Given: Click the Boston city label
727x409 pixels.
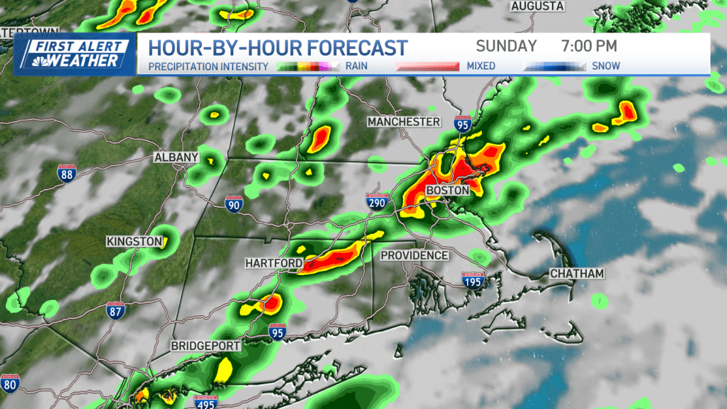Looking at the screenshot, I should pyautogui.click(x=448, y=190).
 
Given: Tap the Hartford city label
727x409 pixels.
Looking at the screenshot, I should pyautogui.click(x=273, y=263).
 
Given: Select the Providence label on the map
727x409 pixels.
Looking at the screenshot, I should pyautogui.click(x=414, y=256).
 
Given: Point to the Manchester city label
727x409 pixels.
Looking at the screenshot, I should pyautogui.click(x=403, y=122).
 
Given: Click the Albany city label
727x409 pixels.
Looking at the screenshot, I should pyautogui.click(x=176, y=158).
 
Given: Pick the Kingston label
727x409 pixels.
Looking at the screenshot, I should pyautogui.click(x=134, y=241).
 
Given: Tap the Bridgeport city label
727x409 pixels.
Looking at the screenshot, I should pyautogui.click(x=206, y=346).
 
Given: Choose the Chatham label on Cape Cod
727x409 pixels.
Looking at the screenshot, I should pyautogui.click(x=577, y=274).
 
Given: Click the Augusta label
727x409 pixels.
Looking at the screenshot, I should pyautogui.click(x=537, y=6).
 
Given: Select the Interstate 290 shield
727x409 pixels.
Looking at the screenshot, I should pyautogui.click(x=376, y=202).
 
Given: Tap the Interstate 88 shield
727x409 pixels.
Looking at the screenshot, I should pyautogui.click(x=67, y=173).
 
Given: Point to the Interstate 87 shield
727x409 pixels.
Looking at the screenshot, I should pyautogui.click(x=114, y=311).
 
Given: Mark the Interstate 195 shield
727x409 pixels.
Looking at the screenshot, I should pyautogui.click(x=473, y=281).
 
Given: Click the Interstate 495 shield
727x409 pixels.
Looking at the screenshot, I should pyautogui.click(x=206, y=402).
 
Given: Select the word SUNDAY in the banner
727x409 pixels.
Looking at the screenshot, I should pyautogui.click(x=506, y=46).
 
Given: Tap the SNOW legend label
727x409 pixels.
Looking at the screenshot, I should pyautogui.click(x=606, y=65).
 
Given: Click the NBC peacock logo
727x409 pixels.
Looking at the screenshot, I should pyautogui.click(x=34, y=61).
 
